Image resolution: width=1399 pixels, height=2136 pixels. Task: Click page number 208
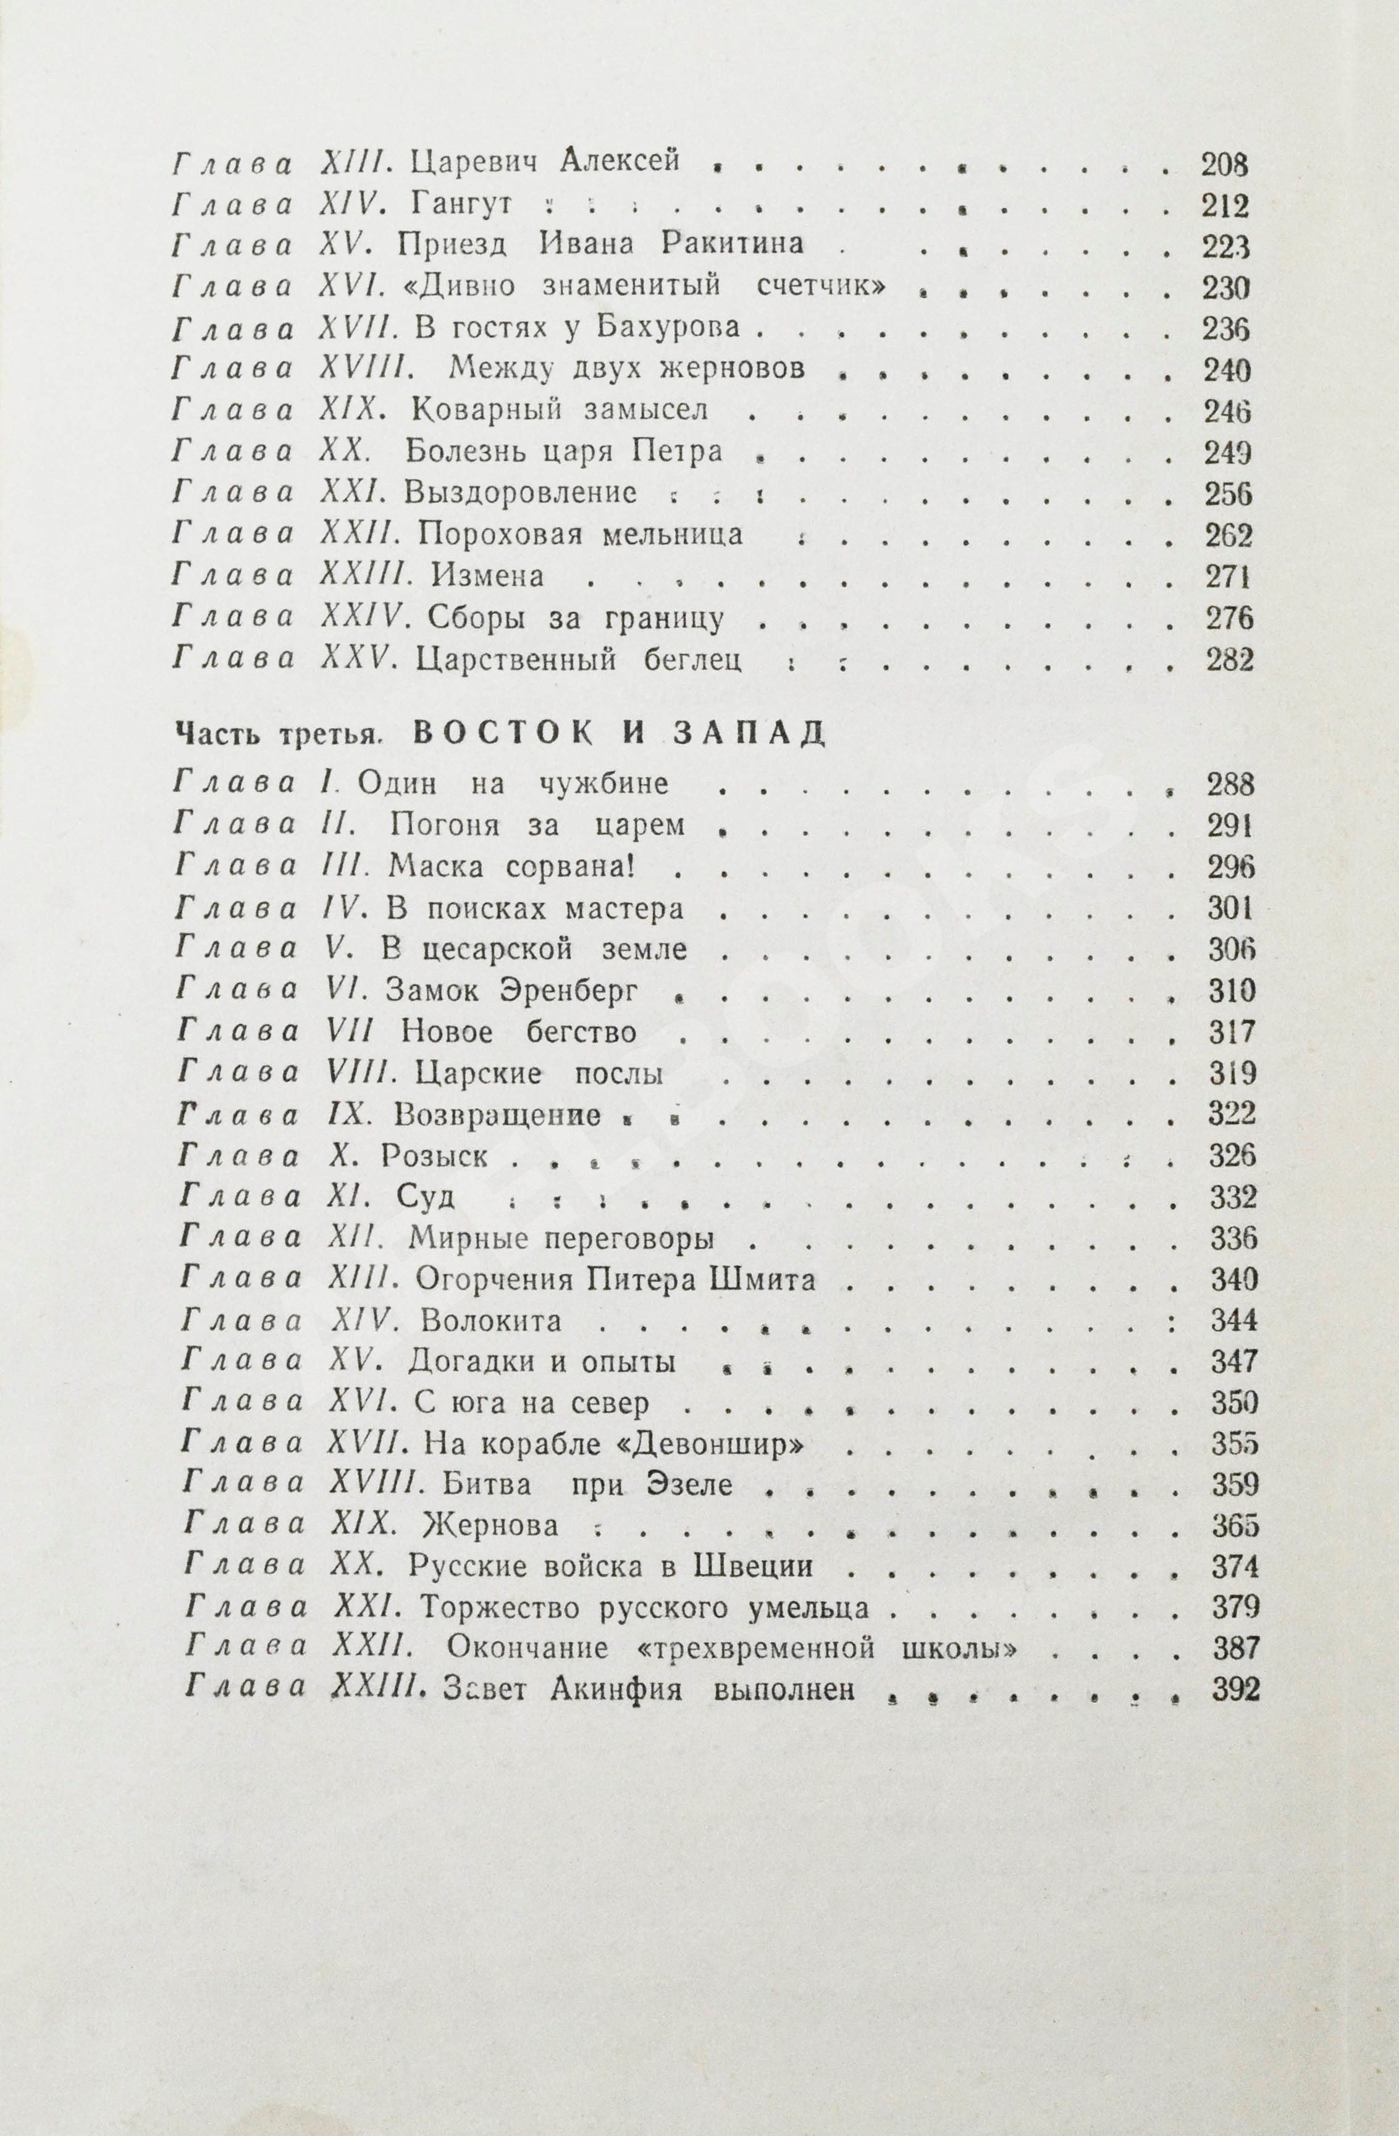click(x=1224, y=164)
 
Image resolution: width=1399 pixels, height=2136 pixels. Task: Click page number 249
click(x=1227, y=451)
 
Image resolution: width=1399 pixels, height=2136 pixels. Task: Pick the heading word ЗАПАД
click(x=748, y=733)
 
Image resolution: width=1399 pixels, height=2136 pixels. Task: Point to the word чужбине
click(x=602, y=784)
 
